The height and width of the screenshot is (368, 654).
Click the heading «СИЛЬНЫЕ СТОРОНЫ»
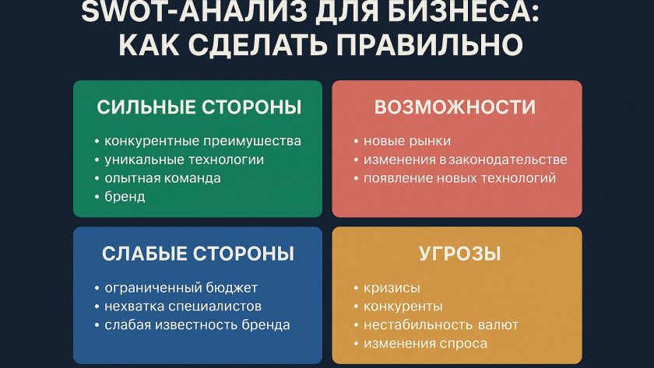click(199, 107)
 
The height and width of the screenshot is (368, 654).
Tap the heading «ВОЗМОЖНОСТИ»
click(455, 107)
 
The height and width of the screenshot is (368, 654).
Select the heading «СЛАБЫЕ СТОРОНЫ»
click(198, 254)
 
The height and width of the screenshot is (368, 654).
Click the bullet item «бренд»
click(125, 197)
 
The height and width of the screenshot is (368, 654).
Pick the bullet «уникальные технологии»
click(184, 159)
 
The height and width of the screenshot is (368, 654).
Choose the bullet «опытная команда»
click(162, 178)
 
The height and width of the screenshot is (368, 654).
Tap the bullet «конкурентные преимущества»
click(202, 141)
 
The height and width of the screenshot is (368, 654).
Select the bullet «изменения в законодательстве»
click(465, 159)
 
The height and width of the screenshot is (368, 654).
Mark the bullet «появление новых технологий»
click(459, 178)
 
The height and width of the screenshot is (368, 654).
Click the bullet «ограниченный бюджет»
click(180, 288)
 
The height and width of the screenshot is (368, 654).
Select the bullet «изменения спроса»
click(424, 344)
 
